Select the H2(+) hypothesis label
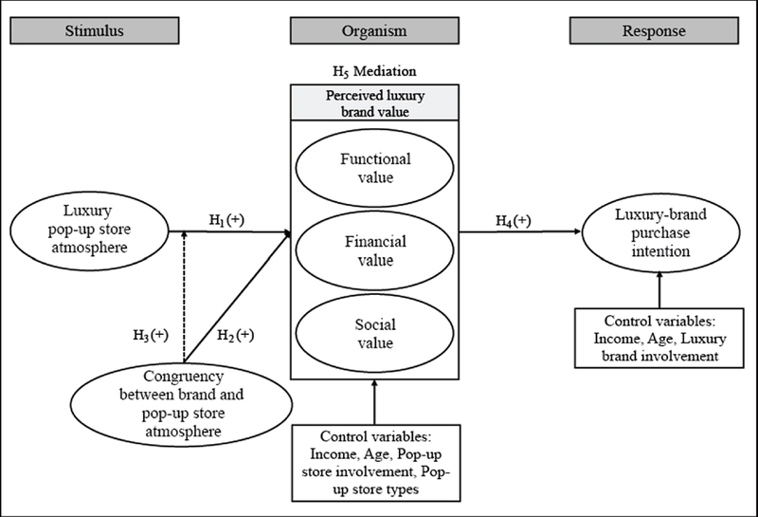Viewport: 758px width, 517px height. pos(236,334)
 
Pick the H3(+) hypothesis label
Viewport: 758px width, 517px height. pos(151,334)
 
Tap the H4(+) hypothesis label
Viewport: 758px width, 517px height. pos(513,221)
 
